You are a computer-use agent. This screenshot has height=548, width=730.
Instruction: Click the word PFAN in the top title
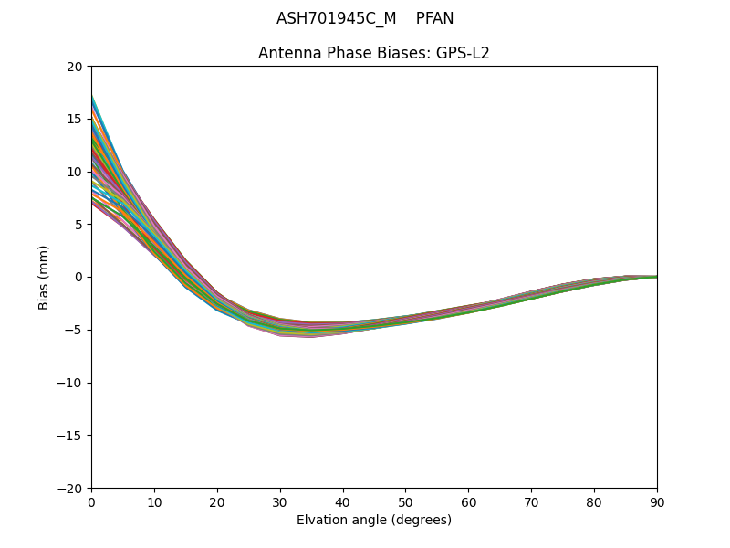(434, 18)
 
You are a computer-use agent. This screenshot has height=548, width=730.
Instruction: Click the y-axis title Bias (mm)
(44, 277)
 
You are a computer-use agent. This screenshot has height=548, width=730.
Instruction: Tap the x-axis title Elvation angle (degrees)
(374, 521)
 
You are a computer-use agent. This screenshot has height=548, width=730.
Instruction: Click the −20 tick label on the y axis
(71, 488)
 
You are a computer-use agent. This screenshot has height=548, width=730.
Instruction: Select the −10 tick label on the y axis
(71, 383)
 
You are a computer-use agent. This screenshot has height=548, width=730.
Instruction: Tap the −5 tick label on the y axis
(74, 330)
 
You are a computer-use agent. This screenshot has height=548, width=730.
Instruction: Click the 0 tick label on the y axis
(78, 277)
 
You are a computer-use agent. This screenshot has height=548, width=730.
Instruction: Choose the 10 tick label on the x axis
(154, 501)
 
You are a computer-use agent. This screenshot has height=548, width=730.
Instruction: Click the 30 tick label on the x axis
(280, 501)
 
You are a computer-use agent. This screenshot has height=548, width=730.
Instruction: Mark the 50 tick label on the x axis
(406, 501)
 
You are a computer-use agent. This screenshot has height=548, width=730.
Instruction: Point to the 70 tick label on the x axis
(531, 501)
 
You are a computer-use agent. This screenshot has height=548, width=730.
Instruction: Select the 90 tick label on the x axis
(657, 501)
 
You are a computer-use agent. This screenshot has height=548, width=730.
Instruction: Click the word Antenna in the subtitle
(287, 53)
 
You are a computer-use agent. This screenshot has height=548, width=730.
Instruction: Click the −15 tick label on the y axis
(71, 435)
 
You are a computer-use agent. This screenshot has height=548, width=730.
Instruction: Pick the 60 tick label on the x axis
(468, 501)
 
